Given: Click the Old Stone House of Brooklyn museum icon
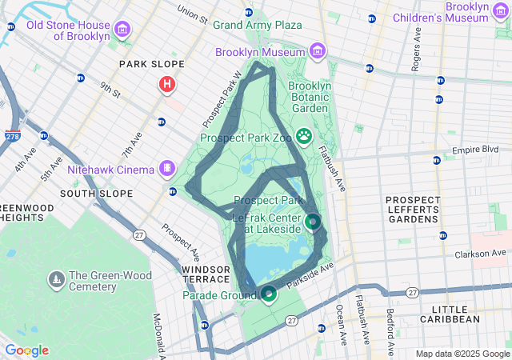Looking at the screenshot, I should coord(122,30).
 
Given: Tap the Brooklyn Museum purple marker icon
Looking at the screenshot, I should coord(318,52).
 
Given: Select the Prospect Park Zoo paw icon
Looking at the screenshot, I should coord(304,136).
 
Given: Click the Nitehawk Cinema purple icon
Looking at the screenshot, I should coord(166,169).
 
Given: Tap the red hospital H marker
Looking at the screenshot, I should coord(166,84).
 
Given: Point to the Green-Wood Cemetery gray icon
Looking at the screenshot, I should coord(56,279).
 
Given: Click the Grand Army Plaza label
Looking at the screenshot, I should coord(257,25).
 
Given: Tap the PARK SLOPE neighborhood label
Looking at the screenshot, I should coord(151,64).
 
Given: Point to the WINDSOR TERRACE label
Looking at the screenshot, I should coord(210,274).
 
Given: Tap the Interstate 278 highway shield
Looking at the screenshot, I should coord(13,137).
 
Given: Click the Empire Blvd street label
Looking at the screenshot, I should coord(475,150).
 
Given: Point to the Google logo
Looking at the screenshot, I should coord(26,350).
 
